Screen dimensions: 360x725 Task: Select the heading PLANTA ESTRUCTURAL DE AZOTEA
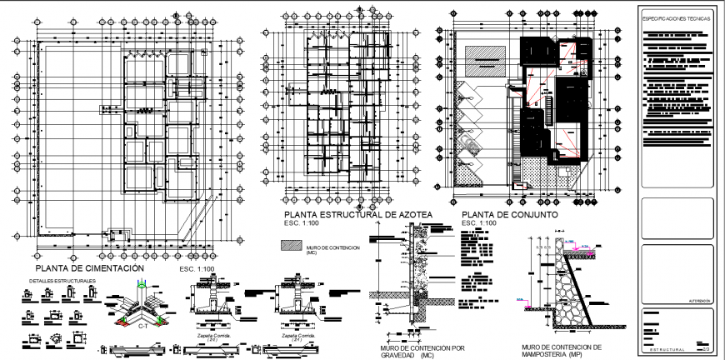pos(358,215)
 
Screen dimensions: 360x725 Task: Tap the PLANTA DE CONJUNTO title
pos(507,215)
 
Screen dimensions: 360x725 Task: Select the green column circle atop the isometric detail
pos(142,287)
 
